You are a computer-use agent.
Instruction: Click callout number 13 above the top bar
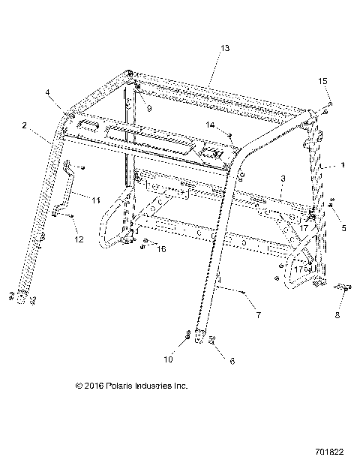[224, 48]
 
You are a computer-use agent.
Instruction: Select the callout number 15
[323, 80]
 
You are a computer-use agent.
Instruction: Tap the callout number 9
[149, 109]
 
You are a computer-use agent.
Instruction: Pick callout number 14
[211, 125]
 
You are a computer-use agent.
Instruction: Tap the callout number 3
[282, 179]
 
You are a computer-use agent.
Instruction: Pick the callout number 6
[232, 361]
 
